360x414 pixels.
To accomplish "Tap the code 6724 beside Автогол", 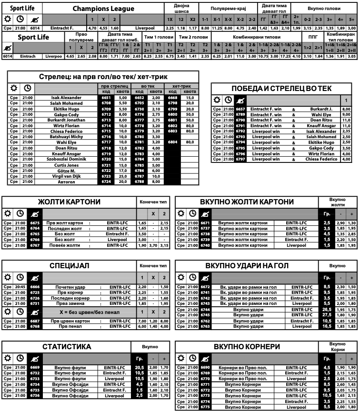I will (106, 181).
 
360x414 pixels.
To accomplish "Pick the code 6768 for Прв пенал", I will (35, 326).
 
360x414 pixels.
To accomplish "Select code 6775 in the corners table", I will (205, 407).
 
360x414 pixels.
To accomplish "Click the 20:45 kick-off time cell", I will (20, 287).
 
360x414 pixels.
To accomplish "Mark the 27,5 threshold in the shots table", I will (327, 315).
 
